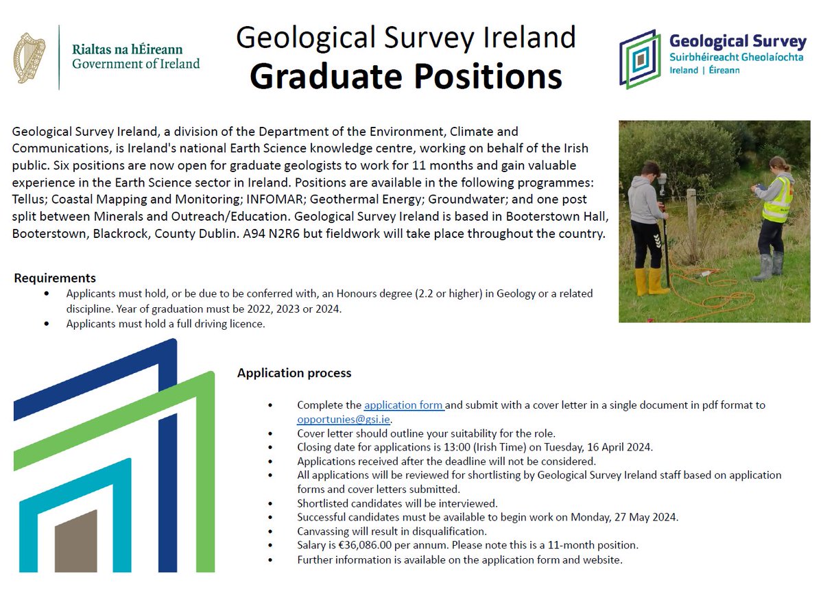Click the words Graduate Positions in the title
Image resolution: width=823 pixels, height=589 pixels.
coord(406,77)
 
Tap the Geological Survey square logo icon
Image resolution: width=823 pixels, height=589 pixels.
coord(641,59)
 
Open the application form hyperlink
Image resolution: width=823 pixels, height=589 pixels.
coord(404,405)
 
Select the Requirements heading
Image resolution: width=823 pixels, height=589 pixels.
coord(55,278)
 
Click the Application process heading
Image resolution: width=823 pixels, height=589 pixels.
coord(294,373)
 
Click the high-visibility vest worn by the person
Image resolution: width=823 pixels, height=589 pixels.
coord(776,200)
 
